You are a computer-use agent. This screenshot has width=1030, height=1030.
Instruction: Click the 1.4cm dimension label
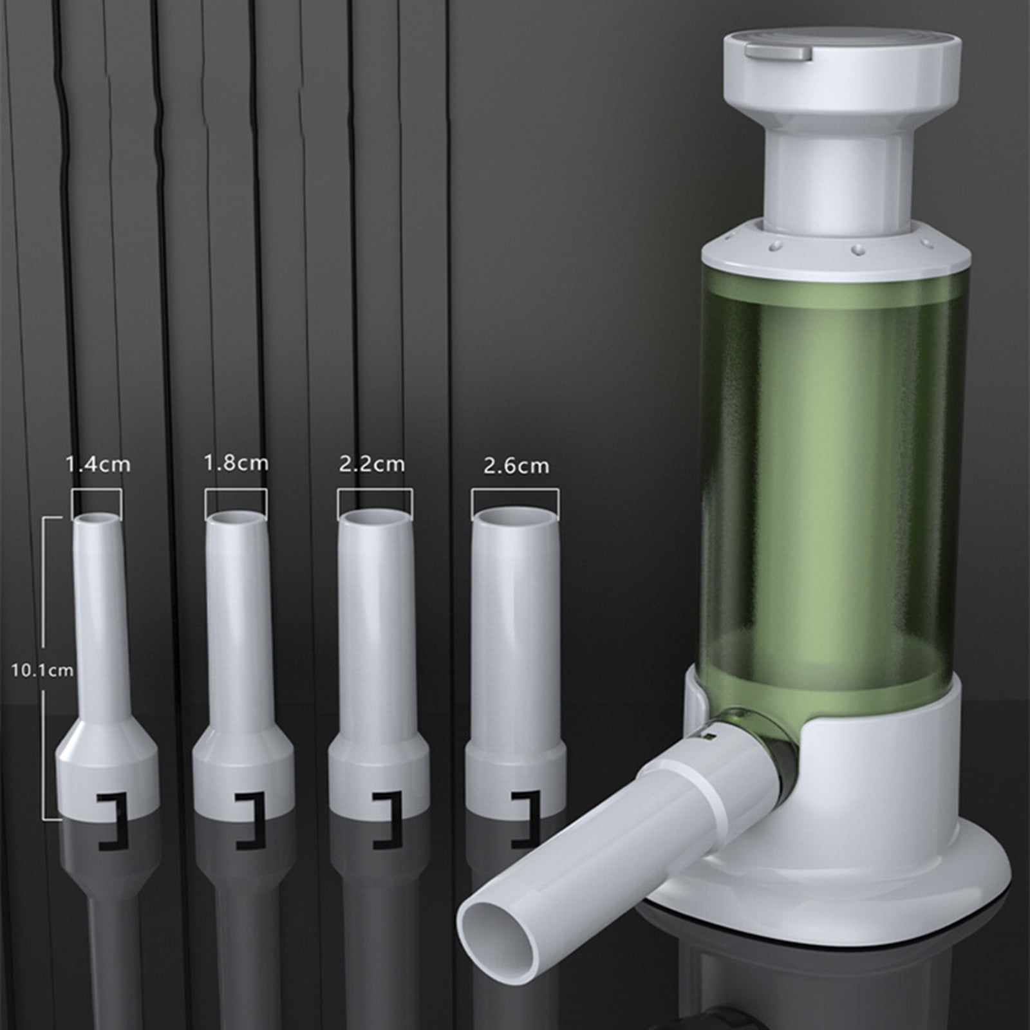(98, 464)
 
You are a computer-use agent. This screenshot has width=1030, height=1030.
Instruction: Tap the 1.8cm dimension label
(236, 463)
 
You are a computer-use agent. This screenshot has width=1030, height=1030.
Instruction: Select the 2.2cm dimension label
(372, 464)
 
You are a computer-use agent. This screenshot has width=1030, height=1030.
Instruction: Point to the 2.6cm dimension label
(516, 466)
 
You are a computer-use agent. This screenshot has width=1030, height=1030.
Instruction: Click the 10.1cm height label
(42, 670)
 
